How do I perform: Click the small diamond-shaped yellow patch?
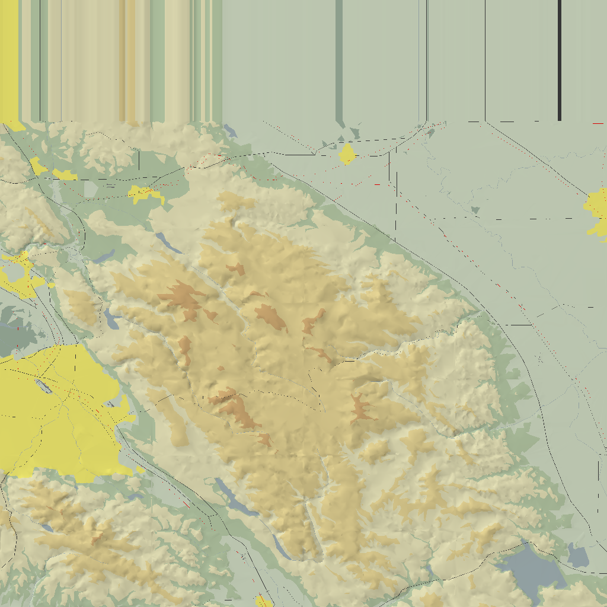click(347, 154)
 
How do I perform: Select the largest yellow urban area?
click(59, 409)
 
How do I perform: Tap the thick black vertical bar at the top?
click(560, 59)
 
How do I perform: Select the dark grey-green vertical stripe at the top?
click(339, 59)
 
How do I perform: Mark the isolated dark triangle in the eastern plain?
click(474, 210)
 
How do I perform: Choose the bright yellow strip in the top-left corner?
click(9, 59)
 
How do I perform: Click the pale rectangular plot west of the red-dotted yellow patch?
click(90, 189)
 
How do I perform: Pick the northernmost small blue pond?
click(231, 131)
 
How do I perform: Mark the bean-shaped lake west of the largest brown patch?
click(111, 318)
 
